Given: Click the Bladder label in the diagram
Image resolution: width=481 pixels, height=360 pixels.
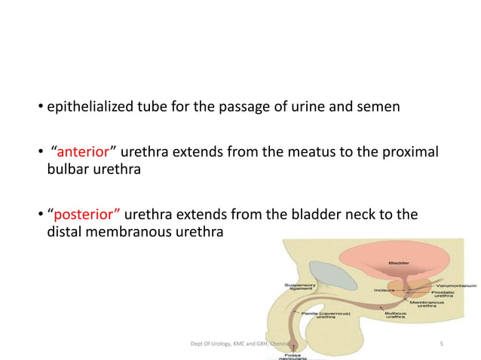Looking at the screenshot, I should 400,262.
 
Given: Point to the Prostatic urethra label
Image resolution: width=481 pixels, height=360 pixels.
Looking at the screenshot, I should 442,295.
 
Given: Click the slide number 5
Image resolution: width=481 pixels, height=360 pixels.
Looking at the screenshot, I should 440,344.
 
